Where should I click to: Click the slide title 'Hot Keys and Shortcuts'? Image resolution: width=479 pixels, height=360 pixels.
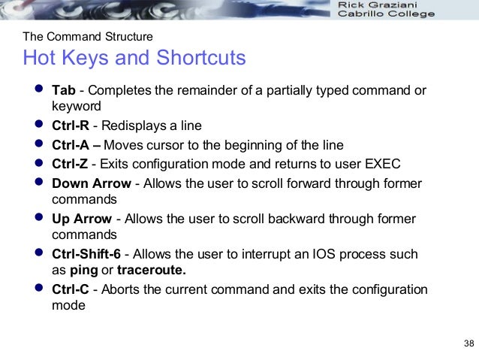point(134,59)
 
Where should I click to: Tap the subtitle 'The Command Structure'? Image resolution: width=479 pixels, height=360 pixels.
point(88,36)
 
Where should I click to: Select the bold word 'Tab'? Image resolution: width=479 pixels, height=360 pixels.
point(63,91)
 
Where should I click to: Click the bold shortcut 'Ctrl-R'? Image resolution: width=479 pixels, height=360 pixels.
point(71,126)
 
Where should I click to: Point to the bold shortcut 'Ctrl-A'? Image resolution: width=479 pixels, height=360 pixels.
point(71,145)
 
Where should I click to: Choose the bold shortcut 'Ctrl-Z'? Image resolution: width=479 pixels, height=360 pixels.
point(71,164)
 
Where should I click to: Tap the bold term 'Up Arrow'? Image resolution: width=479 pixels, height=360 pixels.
point(80,219)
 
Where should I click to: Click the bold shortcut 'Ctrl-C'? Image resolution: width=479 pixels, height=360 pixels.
point(71,289)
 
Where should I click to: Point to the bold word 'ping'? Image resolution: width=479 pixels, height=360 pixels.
point(83,271)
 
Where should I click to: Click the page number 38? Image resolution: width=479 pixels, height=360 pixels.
point(469,344)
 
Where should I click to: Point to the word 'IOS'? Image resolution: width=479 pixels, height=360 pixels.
point(303,254)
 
